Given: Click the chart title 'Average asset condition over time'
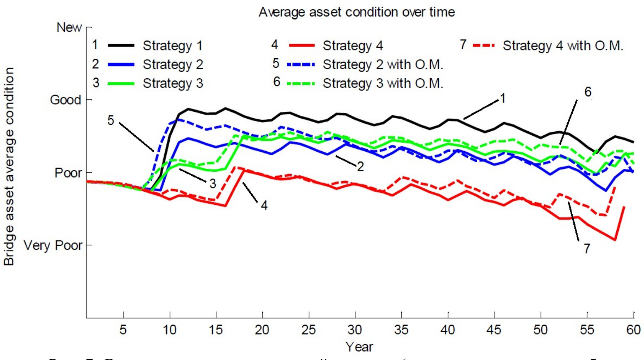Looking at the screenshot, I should [356, 12].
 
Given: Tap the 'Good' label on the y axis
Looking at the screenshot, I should [65, 100].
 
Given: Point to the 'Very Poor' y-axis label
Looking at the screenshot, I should [53, 245].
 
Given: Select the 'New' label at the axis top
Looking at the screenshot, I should [69, 28].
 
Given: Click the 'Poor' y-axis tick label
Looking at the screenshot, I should [68, 173].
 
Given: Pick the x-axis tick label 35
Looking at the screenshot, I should [401, 329].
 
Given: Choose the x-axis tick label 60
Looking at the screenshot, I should [633, 329].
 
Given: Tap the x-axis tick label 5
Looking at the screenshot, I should [123, 329].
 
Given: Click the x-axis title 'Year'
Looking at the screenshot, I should [359, 347].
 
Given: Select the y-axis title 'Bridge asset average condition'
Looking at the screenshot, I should [9, 166].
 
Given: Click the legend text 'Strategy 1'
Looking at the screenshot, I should [173, 46].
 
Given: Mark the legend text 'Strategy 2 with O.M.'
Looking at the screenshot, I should [383, 64].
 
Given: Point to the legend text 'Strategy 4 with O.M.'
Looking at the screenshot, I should [562, 46].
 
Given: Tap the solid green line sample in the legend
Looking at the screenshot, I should [121, 84].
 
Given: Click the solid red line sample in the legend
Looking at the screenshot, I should [302, 46].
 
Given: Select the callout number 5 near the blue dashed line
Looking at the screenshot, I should [111, 121].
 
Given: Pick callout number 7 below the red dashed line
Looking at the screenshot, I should [587, 248].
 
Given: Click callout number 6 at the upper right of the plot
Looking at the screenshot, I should [588, 92].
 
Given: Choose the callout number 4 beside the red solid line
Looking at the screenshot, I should [264, 205].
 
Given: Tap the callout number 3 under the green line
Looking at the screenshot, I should [212, 184].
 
